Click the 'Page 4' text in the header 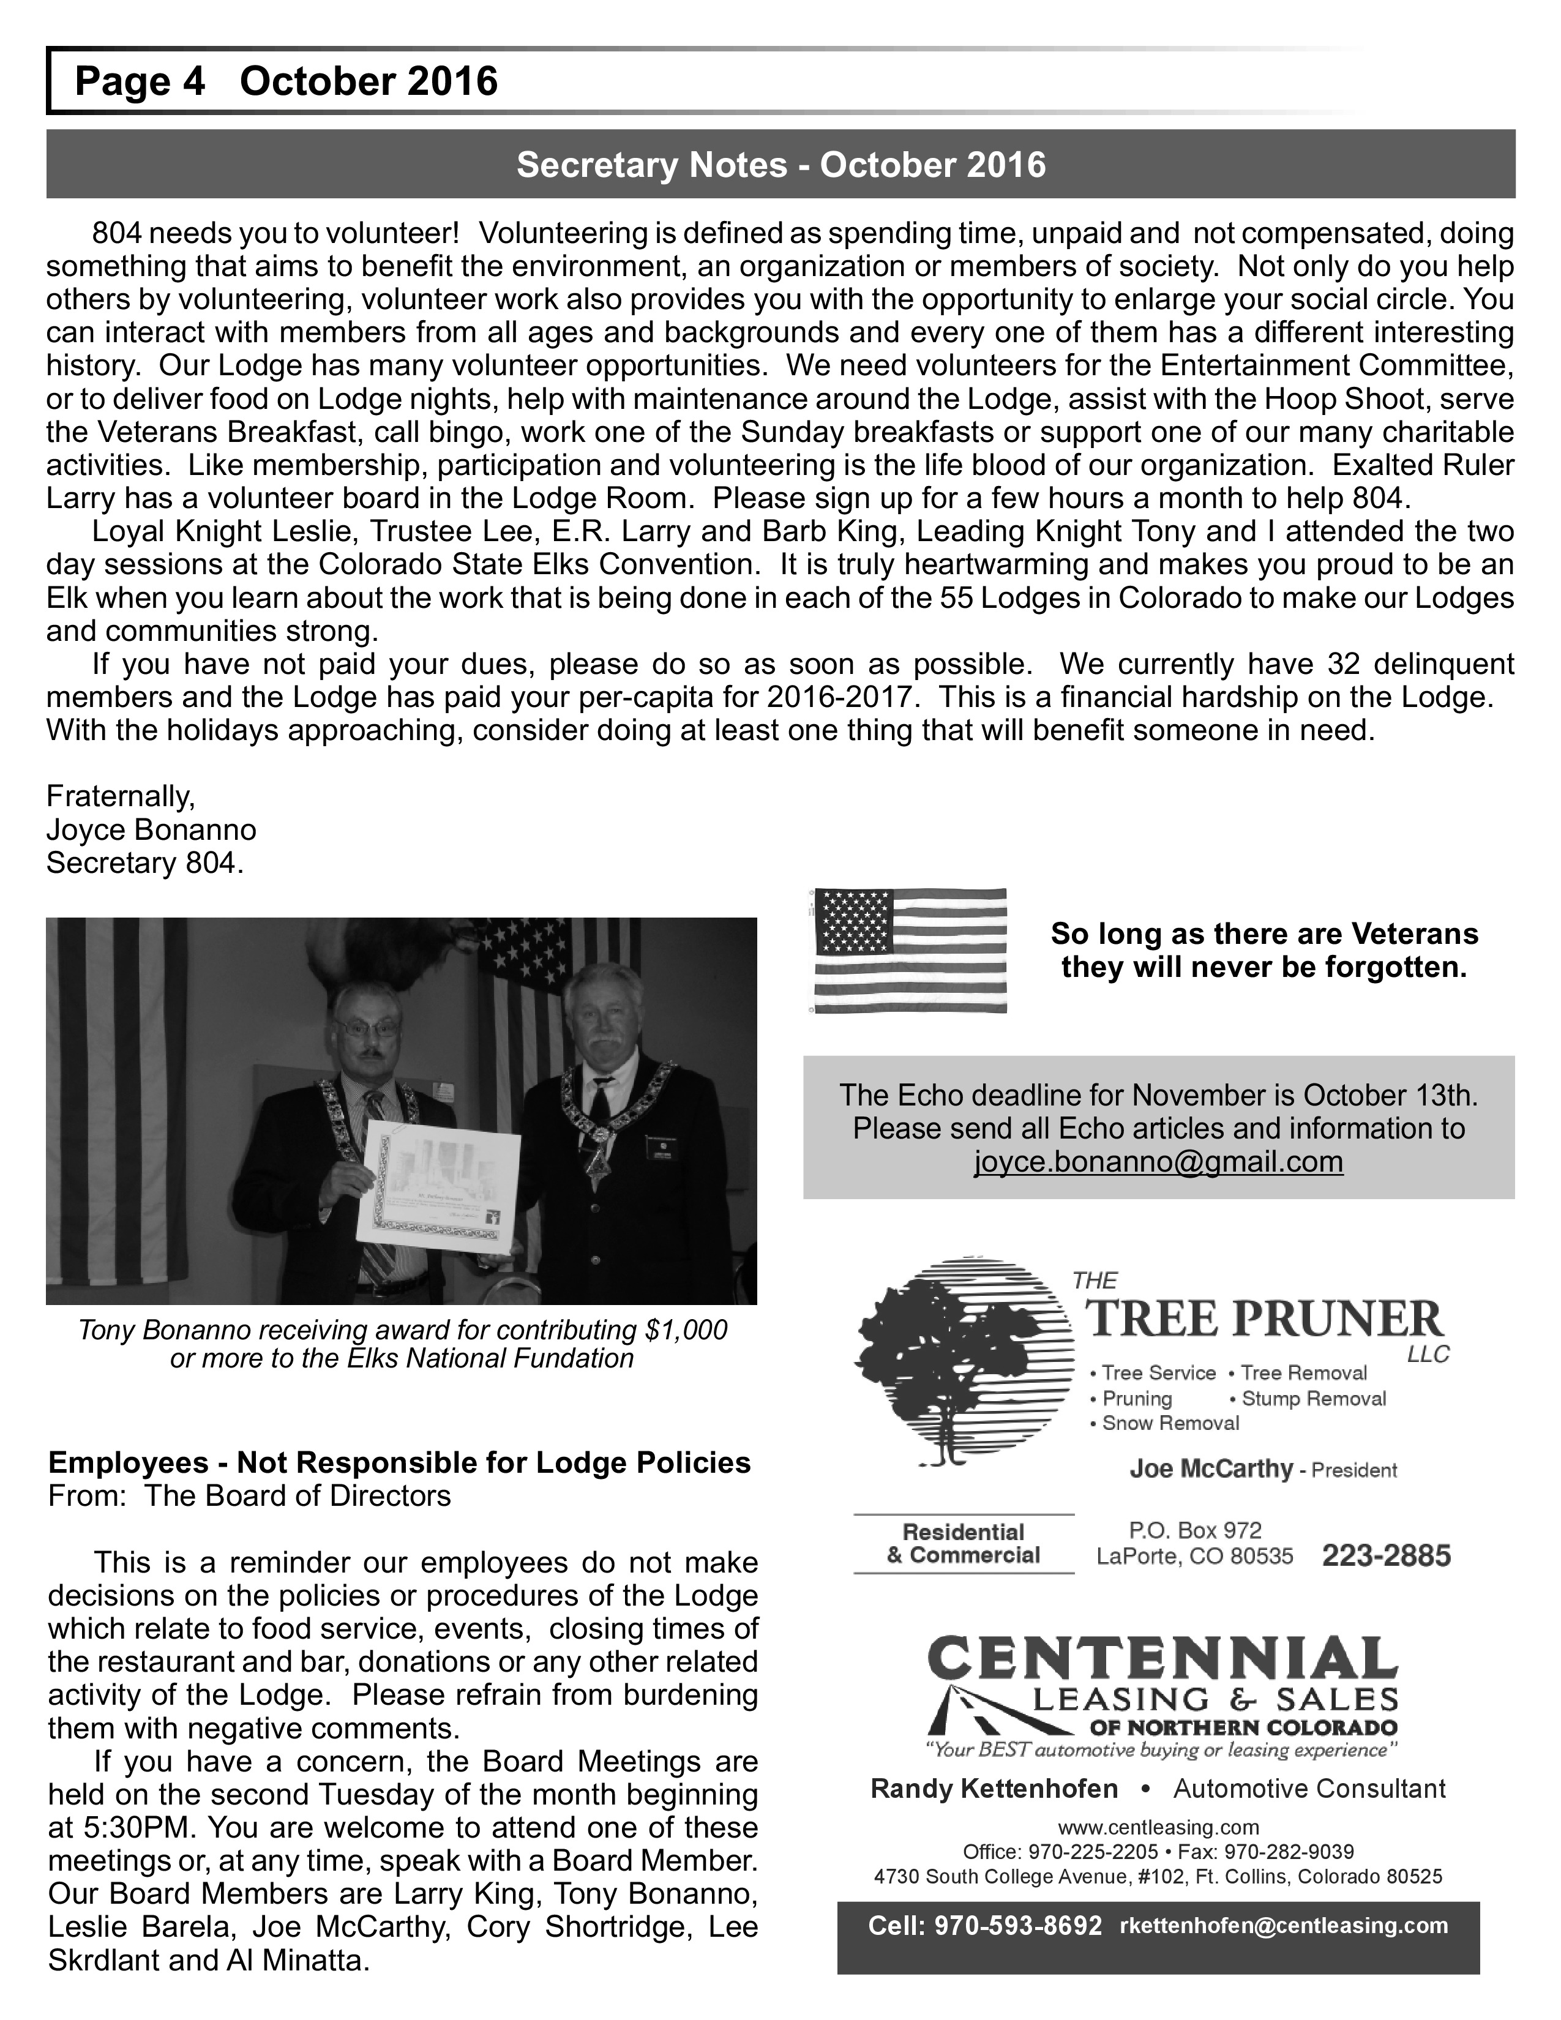point(139,81)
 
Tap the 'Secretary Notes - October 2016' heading point(780,165)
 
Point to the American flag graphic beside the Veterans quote point(909,950)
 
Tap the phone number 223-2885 point(1386,1557)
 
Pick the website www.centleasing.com point(1158,1827)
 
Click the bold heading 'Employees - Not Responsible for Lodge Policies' point(400,1462)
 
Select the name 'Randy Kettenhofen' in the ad point(994,1789)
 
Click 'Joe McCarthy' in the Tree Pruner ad point(1210,1468)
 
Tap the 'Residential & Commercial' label point(963,1544)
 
